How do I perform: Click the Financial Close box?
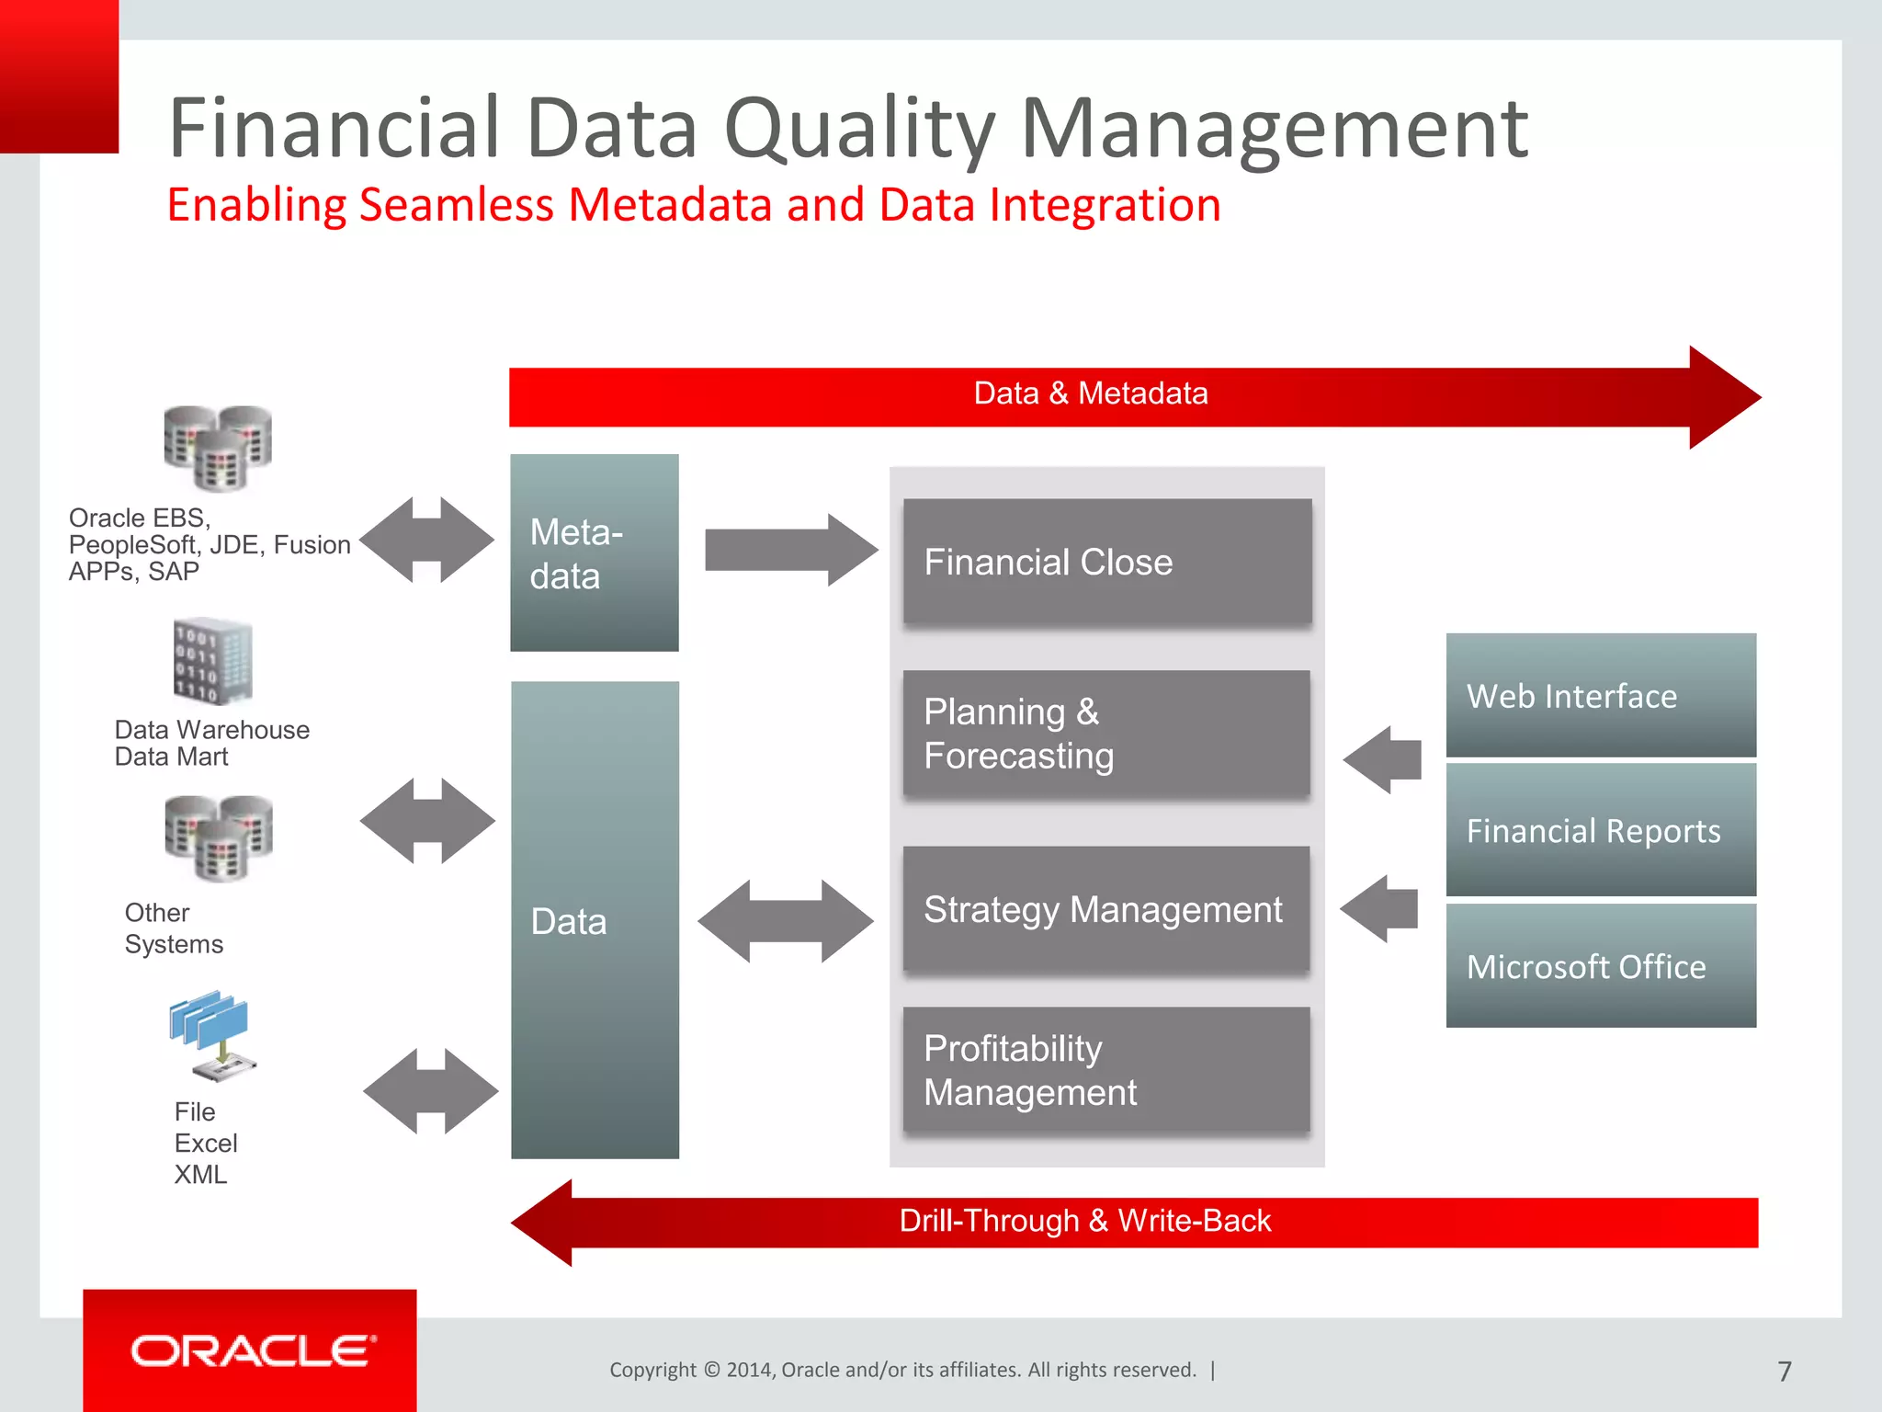tap(1106, 562)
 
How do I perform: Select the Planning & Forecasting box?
tap(1106, 733)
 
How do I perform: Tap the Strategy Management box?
tap(1106, 909)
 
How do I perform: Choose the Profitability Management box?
tap(1106, 1069)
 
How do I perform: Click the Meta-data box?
tap(595, 552)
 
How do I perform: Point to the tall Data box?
tap(595, 920)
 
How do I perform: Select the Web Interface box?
tap(1601, 695)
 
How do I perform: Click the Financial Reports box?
tap(1601, 830)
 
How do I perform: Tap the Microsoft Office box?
tap(1601, 965)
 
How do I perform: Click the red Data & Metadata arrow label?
tap(1091, 393)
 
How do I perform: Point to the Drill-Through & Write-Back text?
tap(1084, 1221)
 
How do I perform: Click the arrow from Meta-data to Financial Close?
tap(790, 550)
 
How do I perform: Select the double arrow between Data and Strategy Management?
tap(786, 921)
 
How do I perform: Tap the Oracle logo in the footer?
tap(253, 1350)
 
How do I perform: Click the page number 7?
tap(1785, 1372)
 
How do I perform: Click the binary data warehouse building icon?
tap(213, 661)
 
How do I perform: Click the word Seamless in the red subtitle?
tap(456, 204)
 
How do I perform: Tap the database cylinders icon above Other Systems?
tap(219, 837)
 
